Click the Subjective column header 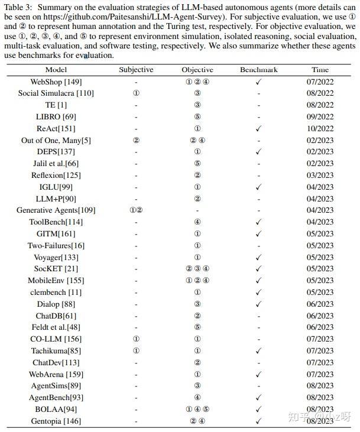click(x=136, y=70)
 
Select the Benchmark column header click(x=258, y=70)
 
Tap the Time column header click(x=320, y=70)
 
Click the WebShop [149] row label click(x=56, y=82)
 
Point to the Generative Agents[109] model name click(x=56, y=210)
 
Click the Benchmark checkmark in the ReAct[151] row click(x=258, y=128)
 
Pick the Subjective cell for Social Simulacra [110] click(x=136, y=93)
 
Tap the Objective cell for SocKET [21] click(x=197, y=269)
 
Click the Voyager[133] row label click(x=56, y=257)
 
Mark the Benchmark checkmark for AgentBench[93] click(x=258, y=398)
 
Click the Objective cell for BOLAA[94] click(x=197, y=409)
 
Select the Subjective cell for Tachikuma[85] click(x=136, y=350)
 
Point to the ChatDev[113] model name click(x=56, y=362)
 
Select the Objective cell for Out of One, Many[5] click(x=197, y=140)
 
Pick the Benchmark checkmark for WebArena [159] click(x=258, y=374)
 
